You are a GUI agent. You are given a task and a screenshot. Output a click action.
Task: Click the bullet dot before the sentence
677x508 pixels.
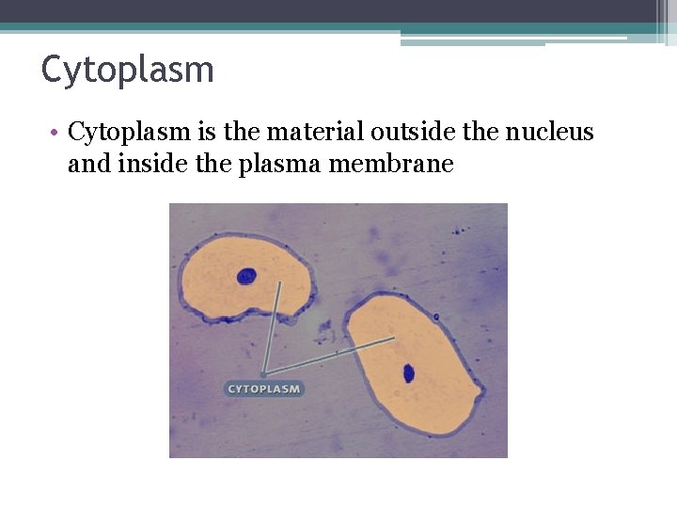click(x=56, y=133)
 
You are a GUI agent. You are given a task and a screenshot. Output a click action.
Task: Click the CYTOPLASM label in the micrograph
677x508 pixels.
click(x=264, y=389)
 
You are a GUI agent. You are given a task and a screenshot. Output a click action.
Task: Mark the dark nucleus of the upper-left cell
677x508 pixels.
click(x=246, y=276)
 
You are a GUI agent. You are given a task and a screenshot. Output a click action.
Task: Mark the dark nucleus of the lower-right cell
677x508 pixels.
click(x=409, y=373)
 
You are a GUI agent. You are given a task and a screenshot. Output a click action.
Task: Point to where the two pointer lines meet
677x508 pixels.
click(x=263, y=375)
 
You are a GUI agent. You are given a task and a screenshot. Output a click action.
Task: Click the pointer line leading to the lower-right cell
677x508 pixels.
click(x=329, y=357)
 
